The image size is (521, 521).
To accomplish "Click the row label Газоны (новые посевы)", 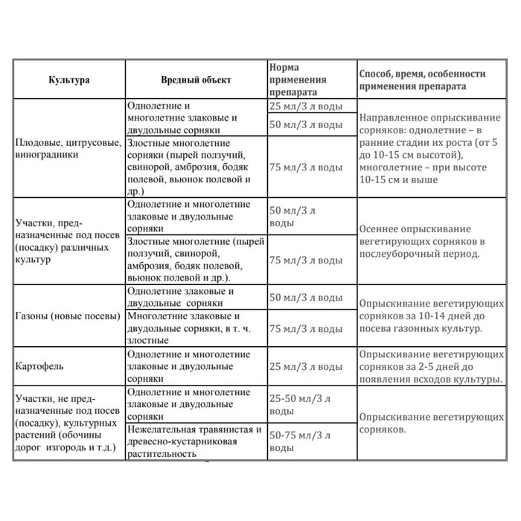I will pyautogui.click(x=67, y=316).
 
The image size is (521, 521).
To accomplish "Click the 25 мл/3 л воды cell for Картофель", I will pyautogui.click(x=305, y=367).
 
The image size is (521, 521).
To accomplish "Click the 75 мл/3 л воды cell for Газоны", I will pyautogui.click(x=305, y=328).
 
